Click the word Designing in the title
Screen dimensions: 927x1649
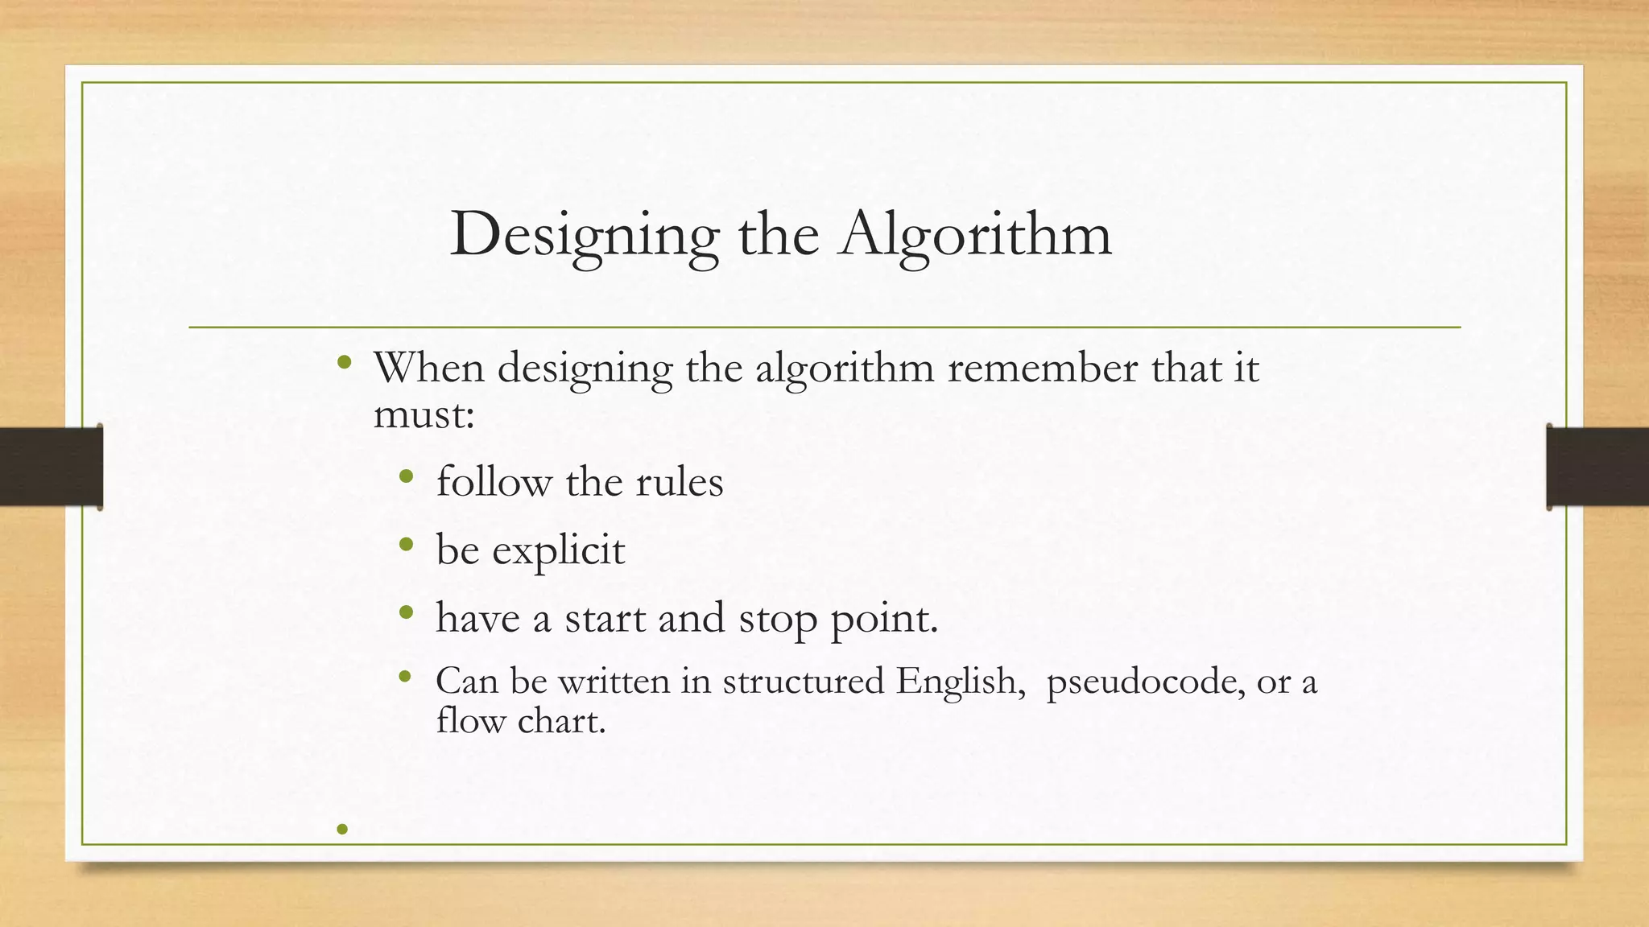[584, 235]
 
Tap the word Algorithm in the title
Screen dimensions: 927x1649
[974, 235]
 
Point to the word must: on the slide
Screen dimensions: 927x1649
[424, 414]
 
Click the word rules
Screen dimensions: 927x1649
[680, 483]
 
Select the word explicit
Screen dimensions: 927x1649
[558, 551]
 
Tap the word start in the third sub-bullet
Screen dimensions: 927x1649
[605, 619]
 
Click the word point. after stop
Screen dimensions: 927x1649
[884, 619]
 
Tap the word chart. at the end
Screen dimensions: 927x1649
[561, 720]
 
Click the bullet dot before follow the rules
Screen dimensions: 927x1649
[406, 477]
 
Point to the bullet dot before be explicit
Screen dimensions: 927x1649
[406, 545]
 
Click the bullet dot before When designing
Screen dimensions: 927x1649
[345, 362]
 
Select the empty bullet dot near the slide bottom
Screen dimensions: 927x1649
[342, 829]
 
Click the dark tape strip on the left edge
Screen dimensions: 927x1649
[51, 467]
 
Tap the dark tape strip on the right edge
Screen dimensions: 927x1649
[1597, 467]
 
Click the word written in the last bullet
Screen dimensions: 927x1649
[614, 682]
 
